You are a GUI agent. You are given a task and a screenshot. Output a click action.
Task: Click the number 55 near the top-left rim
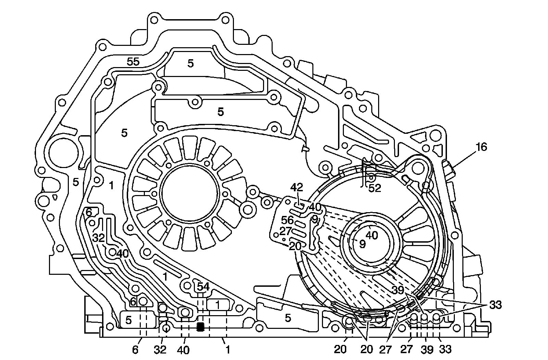point(133,62)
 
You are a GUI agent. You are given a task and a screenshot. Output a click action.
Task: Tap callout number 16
point(481,147)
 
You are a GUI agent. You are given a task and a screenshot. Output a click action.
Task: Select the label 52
point(374,188)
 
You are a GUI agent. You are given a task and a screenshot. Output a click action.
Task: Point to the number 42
point(297,188)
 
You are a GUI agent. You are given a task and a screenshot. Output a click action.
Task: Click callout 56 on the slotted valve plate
point(287,220)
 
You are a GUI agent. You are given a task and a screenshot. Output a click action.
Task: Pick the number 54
point(203,287)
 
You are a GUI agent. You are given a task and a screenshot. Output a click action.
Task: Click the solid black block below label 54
point(201,327)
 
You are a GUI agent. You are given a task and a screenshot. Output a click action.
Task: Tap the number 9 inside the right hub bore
point(362,244)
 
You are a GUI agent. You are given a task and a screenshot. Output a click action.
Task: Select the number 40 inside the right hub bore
point(372,235)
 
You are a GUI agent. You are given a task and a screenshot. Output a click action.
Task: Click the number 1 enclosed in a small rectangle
point(218,304)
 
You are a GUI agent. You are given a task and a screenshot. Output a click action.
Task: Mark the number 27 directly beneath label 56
point(286,231)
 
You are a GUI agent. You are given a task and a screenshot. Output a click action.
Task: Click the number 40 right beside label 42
point(314,207)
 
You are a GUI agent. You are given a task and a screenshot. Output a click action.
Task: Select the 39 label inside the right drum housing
point(398,290)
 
